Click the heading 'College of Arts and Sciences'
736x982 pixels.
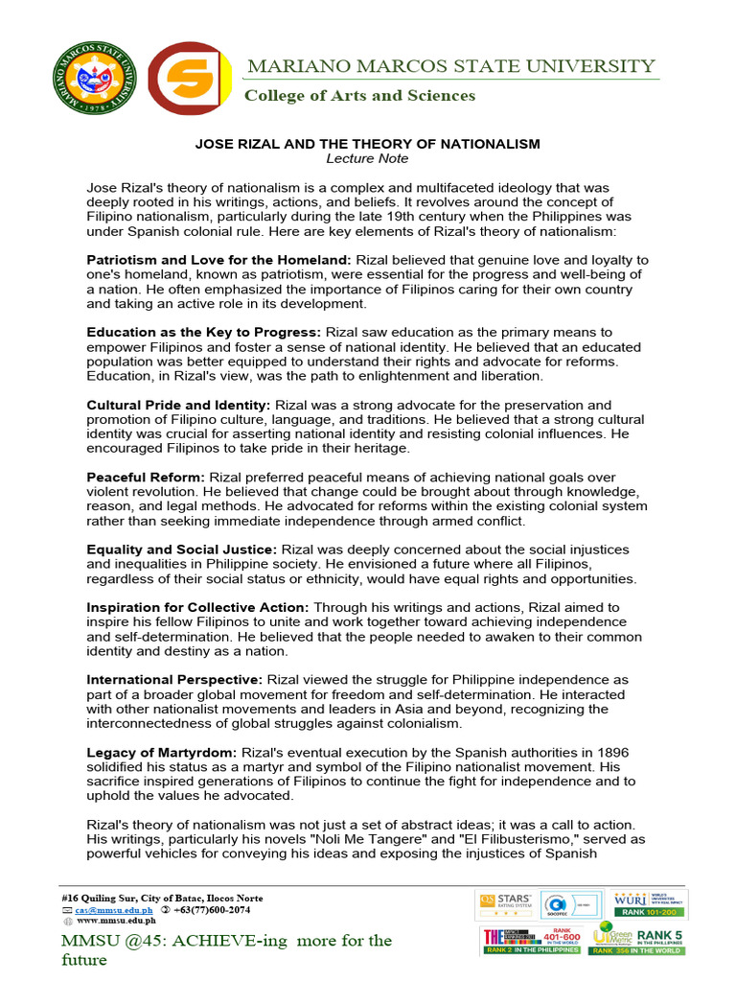pyautogui.click(x=359, y=95)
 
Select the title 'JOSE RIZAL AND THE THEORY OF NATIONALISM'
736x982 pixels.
pyautogui.click(x=368, y=144)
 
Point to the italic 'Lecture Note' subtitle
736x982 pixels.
pyautogui.click(x=367, y=158)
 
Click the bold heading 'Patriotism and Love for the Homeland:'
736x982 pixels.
pyautogui.click(x=219, y=260)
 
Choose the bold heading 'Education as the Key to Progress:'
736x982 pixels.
pyautogui.click(x=204, y=332)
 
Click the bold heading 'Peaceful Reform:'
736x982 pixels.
pyautogui.click(x=146, y=477)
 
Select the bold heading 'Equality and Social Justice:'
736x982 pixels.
pyautogui.click(x=182, y=549)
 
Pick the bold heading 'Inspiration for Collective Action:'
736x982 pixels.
pyautogui.click(x=198, y=607)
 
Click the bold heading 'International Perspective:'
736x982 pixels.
pyautogui.click(x=175, y=679)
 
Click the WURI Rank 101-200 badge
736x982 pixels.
pyautogui.click(x=651, y=904)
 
